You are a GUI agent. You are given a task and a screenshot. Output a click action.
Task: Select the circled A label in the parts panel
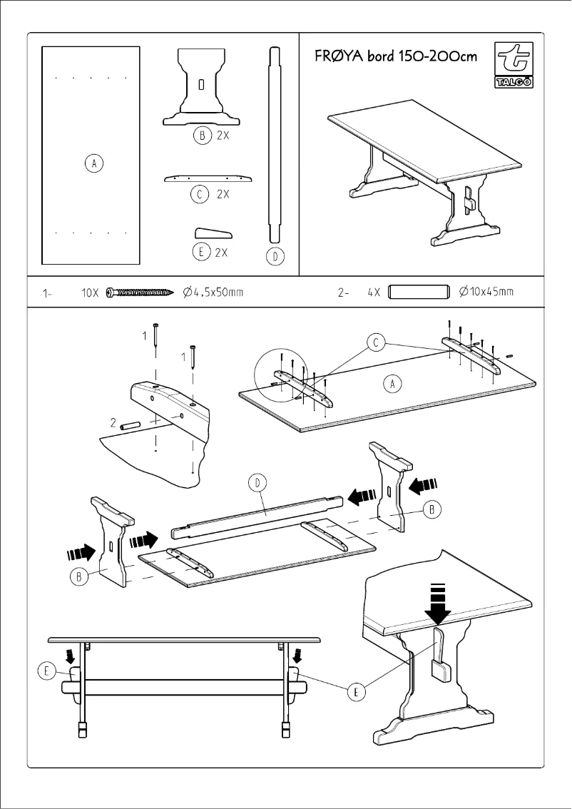click(91, 164)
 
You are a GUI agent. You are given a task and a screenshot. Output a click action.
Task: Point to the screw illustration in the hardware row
click(141, 292)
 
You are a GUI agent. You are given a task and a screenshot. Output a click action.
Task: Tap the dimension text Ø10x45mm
click(486, 292)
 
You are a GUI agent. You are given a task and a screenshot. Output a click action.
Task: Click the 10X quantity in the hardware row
click(91, 292)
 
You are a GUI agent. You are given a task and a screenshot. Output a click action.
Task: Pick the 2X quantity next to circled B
click(223, 136)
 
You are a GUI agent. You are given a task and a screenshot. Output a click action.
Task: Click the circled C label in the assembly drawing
click(377, 344)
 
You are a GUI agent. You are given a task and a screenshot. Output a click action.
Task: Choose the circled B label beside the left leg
click(78, 576)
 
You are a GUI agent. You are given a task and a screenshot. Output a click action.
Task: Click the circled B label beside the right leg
click(432, 509)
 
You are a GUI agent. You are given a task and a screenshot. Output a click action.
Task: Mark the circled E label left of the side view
click(46, 671)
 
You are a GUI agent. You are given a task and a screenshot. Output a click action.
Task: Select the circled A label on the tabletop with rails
click(392, 385)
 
